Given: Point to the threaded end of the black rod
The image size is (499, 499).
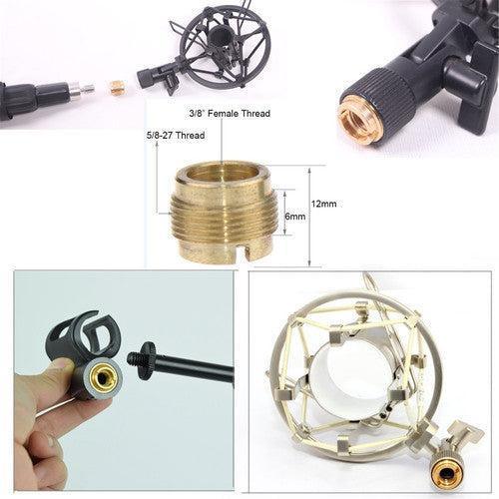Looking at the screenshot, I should point(140,356).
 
